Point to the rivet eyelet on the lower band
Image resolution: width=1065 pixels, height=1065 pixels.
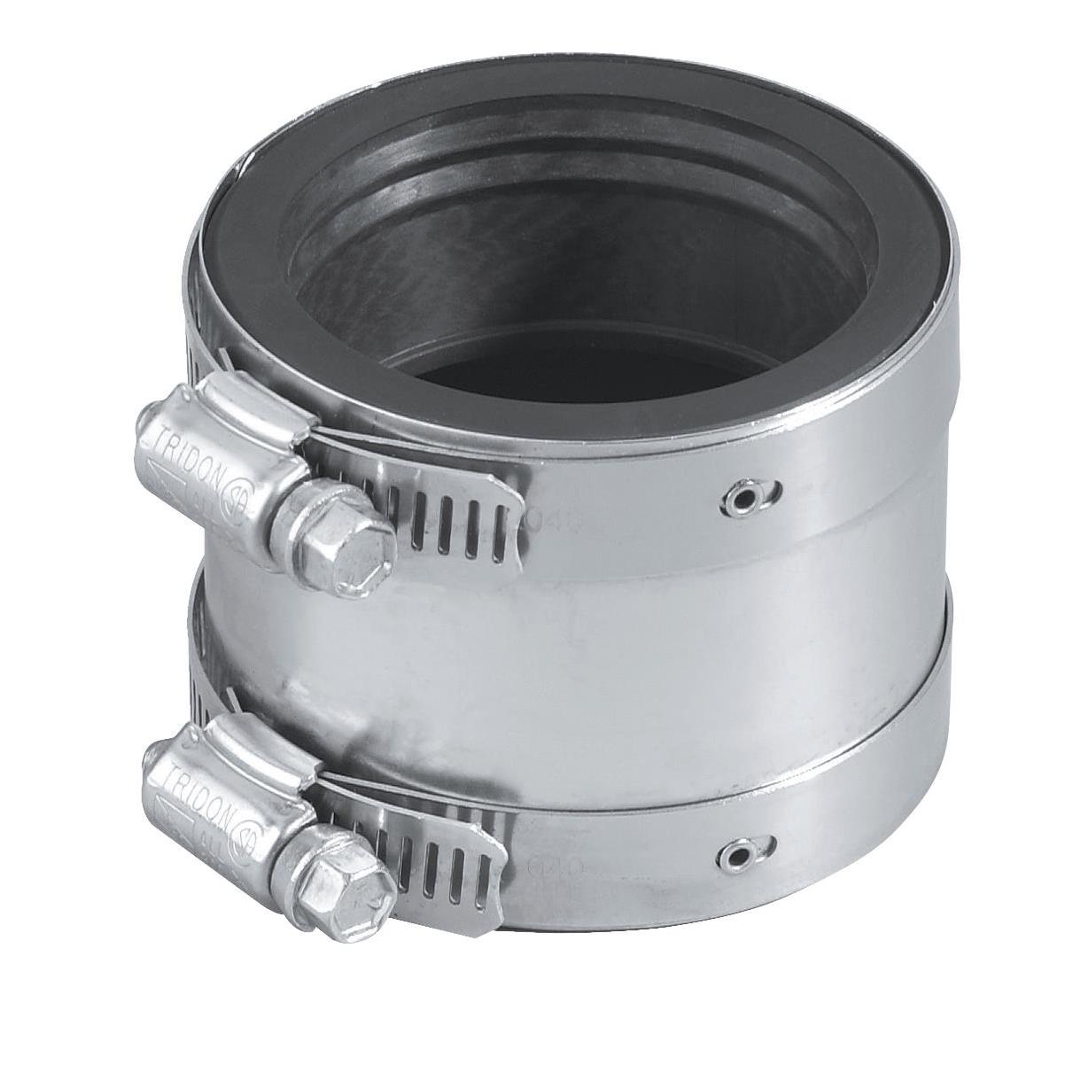click(735, 853)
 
